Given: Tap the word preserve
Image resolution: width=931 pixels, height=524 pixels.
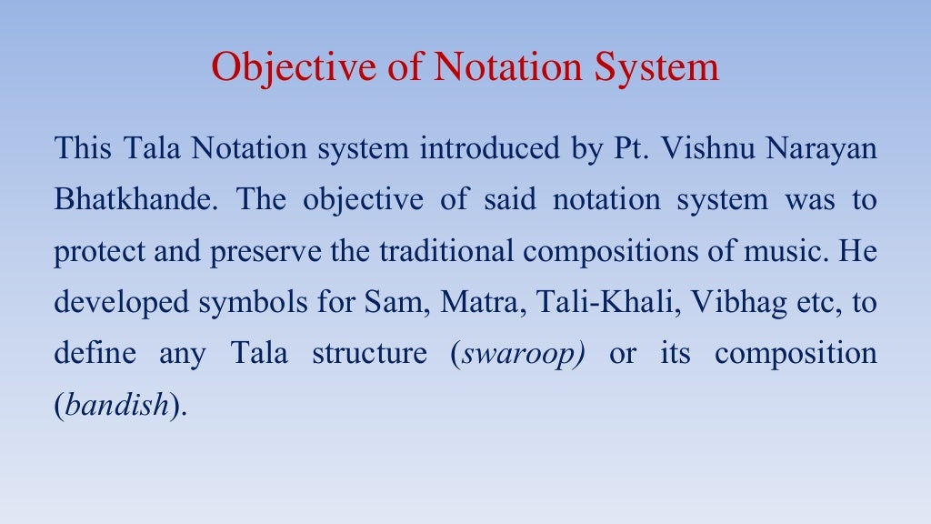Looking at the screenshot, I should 267,251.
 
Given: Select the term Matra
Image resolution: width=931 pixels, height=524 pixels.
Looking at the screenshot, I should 476,302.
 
